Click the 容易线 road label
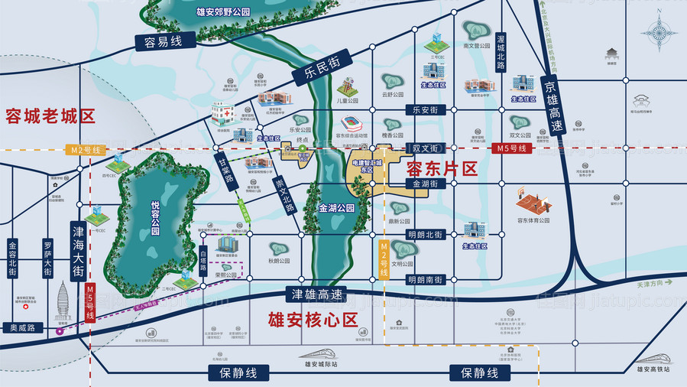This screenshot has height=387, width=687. pyautogui.click(x=156, y=43)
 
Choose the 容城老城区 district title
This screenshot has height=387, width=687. pyautogui.click(x=50, y=116)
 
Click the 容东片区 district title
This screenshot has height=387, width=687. pyautogui.click(x=442, y=167)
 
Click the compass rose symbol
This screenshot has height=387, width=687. pyautogui.click(x=656, y=32)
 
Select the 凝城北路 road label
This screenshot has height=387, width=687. pyautogui.click(x=501, y=52)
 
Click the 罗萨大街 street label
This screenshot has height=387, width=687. pyautogui.click(x=47, y=255)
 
